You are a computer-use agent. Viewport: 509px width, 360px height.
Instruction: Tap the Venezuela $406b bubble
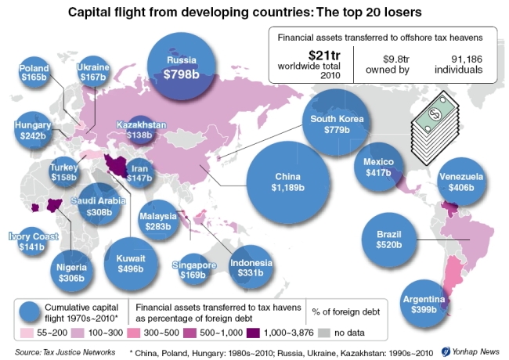tap(460, 184)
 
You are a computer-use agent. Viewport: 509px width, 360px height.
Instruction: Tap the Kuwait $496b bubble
tap(130, 261)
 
